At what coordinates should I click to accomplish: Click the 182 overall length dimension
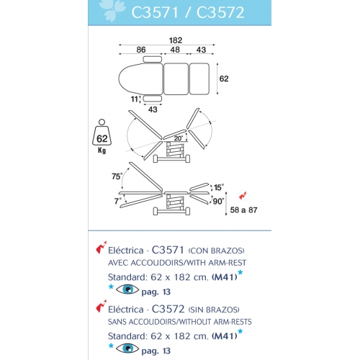pyautogui.click(x=176, y=40)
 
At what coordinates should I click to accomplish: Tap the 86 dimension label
pyautogui.click(x=141, y=50)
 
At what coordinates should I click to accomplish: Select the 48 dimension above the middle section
pyautogui.click(x=175, y=50)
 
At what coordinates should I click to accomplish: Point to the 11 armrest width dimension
pyautogui.click(x=135, y=99)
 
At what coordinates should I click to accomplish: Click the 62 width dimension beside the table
pyautogui.click(x=224, y=78)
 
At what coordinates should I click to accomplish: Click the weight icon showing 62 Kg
pyautogui.click(x=102, y=136)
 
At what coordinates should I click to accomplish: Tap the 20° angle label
pyautogui.click(x=179, y=138)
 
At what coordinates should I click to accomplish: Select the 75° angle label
pyautogui.click(x=117, y=176)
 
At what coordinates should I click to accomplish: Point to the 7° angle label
pyautogui.click(x=117, y=201)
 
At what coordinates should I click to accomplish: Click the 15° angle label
pyautogui.click(x=219, y=187)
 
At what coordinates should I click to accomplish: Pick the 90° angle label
pyautogui.click(x=219, y=201)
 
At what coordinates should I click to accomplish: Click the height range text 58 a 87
pyautogui.click(x=243, y=210)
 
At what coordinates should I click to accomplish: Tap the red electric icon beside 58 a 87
pyautogui.click(x=243, y=195)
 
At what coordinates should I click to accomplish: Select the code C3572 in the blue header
pyautogui.click(x=220, y=12)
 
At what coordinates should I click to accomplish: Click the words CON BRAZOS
pyautogui.click(x=216, y=251)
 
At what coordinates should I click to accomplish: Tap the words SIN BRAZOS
pyautogui.click(x=214, y=310)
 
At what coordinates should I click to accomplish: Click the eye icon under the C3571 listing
pyautogui.click(x=127, y=289)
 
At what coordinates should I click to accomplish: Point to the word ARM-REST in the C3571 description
pyautogui.click(x=227, y=263)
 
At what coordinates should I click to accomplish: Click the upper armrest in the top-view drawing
pyautogui.click(x=153, y=59)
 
